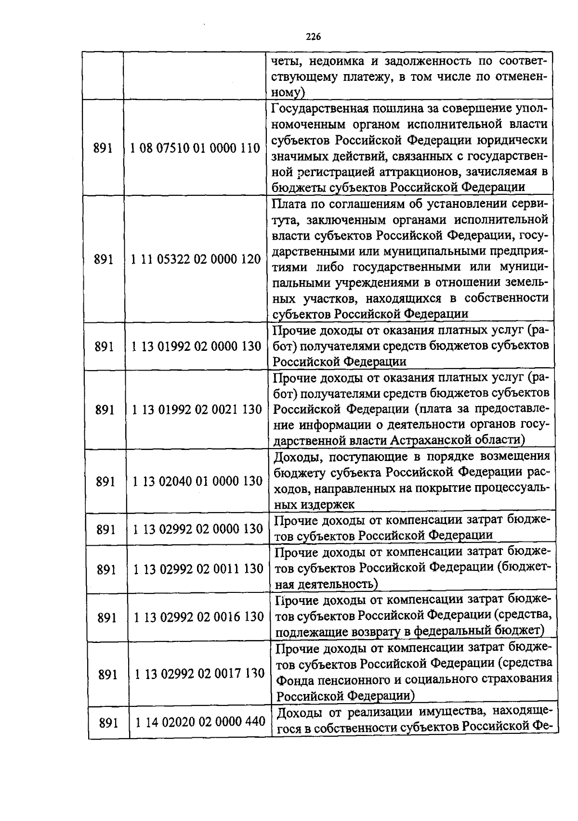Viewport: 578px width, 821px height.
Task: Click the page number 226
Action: tap(313, 37)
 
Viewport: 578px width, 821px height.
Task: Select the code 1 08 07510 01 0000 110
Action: tap(195, 148)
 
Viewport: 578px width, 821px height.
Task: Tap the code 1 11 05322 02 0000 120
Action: tap(196, 259)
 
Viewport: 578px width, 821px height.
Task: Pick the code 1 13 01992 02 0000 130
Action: tap(196, 346)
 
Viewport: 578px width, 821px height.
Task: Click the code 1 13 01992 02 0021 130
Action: tap(197, 410)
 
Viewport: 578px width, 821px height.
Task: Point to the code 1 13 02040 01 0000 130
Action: tap(197, 481)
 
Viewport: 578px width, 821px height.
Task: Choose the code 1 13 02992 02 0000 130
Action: tap(197, 529)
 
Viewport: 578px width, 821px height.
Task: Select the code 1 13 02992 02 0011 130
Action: tap(198, 569)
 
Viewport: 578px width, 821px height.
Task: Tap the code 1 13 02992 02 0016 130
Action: tap(198, 617)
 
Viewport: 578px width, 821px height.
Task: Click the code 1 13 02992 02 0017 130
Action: tap(199, 674)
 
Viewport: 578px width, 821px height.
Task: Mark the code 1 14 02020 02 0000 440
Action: tap(200, 721)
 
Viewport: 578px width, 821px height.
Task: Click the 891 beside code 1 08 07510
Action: tap(103, 148)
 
